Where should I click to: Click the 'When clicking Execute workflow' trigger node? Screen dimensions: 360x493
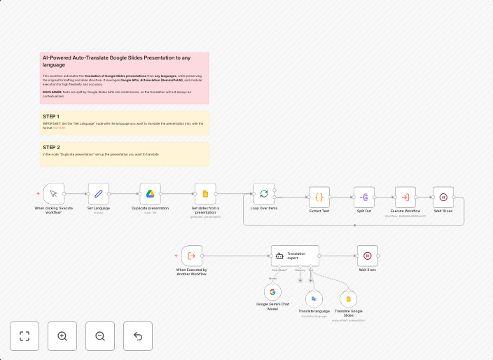54,194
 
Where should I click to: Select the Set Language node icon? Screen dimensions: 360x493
99,194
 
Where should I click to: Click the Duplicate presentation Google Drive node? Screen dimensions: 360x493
150,194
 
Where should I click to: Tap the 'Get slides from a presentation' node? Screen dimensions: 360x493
205,194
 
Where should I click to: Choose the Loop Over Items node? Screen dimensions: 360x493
264,194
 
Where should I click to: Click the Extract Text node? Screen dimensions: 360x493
319,197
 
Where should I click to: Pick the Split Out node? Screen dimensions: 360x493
364,197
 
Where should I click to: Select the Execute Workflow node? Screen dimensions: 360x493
405,197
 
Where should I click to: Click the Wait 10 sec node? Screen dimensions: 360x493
443,197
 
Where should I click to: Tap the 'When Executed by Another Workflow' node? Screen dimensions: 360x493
192,256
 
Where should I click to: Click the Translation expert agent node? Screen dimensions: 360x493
295,256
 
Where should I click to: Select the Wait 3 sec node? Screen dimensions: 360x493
368,256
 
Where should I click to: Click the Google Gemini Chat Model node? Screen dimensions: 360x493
273,292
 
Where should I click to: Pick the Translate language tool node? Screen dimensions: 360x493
314,298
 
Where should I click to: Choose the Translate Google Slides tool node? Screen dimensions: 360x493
349,298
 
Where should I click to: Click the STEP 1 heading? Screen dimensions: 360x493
51,116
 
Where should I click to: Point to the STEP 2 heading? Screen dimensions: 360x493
51,147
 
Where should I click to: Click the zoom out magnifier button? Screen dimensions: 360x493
100,336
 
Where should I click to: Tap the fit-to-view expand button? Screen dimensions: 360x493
25,336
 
